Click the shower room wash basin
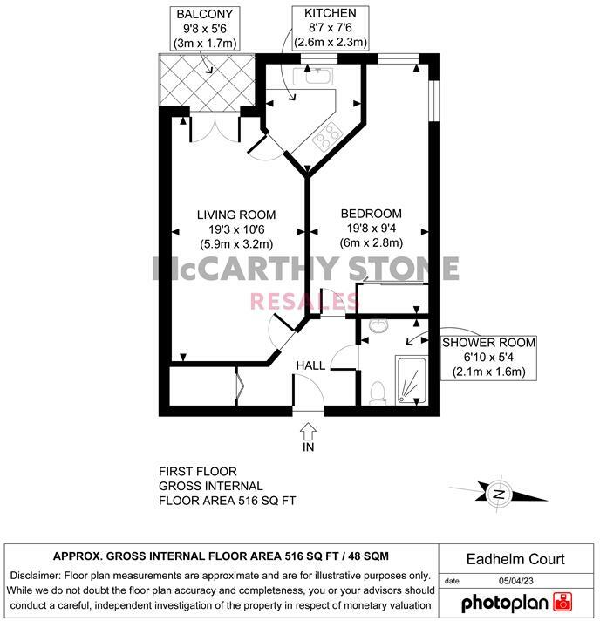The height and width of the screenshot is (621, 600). [x=377, y=326]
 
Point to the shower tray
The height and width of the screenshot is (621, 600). [x=410, y=379]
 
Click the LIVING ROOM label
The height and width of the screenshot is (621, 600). [x=235, y=215]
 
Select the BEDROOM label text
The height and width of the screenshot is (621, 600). [x=371, y=214]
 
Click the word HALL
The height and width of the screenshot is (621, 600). [x=310, y=365]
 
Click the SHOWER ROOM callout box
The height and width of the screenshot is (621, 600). [x=487, y=357]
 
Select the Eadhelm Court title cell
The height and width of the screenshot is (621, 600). [x=516, y=559]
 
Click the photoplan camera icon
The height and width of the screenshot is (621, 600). [x=563, y=602]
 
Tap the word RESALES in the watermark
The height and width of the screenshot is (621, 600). [x=304, y=301]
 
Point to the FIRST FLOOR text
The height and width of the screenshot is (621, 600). [x=198, y=471]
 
